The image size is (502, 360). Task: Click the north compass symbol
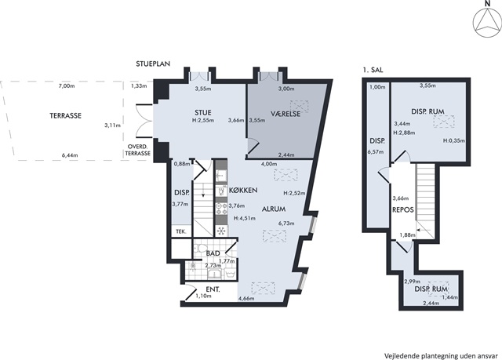point(487,23)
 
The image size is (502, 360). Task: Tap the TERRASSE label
point(65,115)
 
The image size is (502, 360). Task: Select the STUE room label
point(203,113)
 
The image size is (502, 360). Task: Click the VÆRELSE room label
point(286,114)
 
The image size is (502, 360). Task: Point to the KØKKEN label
point(243,190)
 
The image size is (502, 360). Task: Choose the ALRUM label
point(274,209)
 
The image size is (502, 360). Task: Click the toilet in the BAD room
point(202,249)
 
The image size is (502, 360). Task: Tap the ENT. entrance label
point(213,289)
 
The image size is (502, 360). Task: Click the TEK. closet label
point(181,231)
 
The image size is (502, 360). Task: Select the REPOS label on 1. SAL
point(403,210)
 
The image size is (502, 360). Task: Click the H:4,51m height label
point(245,219)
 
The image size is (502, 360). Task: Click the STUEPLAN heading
point(153,64)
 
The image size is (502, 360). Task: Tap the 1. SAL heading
point(373,70)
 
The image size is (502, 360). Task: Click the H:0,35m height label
point(454,140)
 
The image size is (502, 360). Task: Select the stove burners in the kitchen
point(221,209)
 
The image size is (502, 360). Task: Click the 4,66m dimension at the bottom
point(246,299)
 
